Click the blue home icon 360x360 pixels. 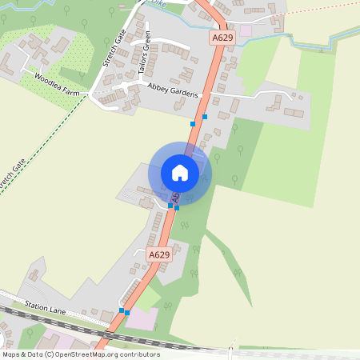[180, 172]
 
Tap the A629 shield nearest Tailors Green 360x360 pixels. [223, 38]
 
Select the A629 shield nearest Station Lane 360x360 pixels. [159, 254]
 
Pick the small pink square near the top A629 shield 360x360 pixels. [246, 30]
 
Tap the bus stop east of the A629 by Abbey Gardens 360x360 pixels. [205, 117]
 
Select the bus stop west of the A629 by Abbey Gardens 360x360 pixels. [193, 123]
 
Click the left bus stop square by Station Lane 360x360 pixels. [122, 310]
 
